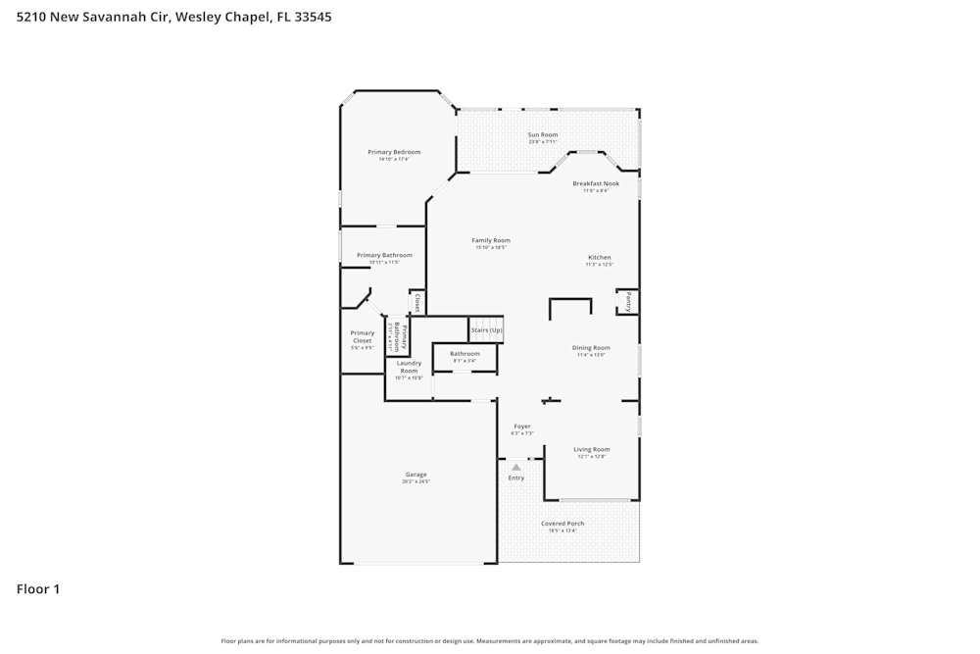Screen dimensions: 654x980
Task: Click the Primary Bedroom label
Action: tap(394, 152)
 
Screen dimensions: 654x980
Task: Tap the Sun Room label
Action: tap(543, 134)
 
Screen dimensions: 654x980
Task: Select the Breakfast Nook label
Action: tap(596, 183)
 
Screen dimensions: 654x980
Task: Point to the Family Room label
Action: tap(490, 240)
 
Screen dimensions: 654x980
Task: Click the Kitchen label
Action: tap(599, 258)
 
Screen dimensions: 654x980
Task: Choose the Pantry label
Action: tap(628, 302)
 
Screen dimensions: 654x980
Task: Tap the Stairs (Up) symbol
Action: tap(486, 330)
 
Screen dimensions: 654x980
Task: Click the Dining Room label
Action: tap(591, 347)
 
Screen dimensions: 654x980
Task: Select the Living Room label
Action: tap(592, 449)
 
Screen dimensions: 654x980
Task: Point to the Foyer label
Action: tap(521, 427)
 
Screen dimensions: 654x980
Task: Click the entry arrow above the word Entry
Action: tap(516, 468)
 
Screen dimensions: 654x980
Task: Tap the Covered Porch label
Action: tap(563, 524)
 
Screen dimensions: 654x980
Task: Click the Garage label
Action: tap(416, 475)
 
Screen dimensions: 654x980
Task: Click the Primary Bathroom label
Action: tap(384, 255)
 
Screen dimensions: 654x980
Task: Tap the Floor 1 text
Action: tap(38, 589)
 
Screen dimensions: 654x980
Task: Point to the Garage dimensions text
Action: tap(416, 481)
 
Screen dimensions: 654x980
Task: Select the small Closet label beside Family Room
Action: tap(417, 302)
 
